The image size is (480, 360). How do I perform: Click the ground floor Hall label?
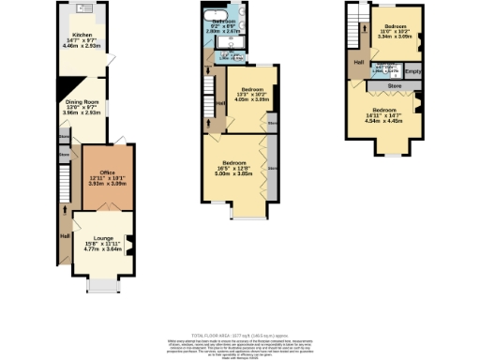[x=65, y=235]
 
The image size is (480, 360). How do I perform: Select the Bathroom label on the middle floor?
[x=223, y=21]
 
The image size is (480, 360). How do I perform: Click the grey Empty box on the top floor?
[x=413, y=69]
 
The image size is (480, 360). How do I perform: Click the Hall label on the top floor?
[x=359, y=63]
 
